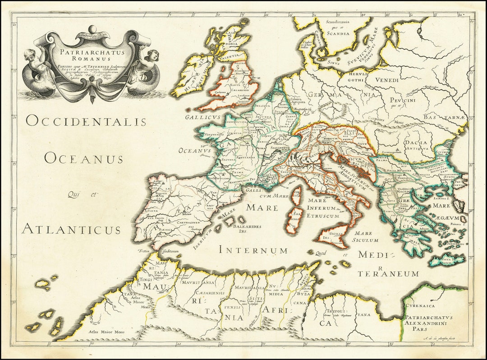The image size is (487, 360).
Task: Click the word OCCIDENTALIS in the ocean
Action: tap(86, 121)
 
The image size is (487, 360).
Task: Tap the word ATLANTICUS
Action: tap(71, 229)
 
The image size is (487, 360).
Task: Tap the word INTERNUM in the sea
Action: tap(253, 250)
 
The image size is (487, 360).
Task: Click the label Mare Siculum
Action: tap(366, 237)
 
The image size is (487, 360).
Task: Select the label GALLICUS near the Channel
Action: tap(202, 117)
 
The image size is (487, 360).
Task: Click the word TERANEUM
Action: tap(389, 274)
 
